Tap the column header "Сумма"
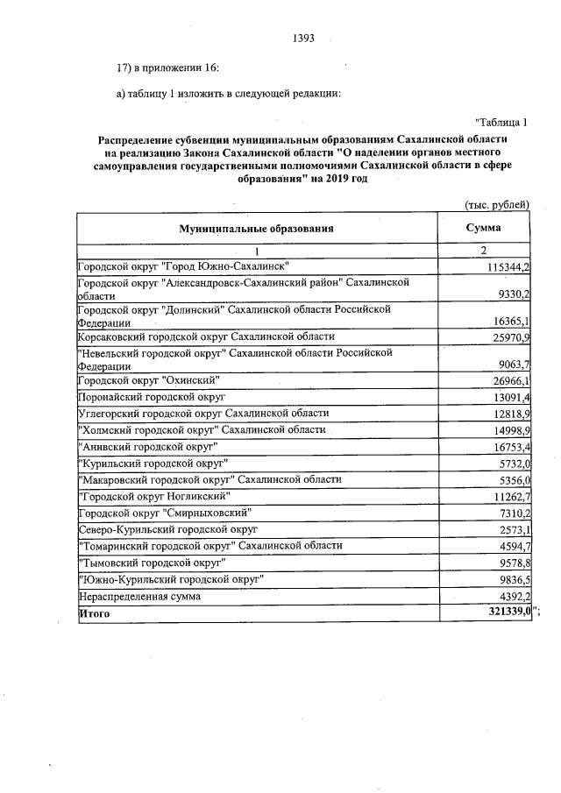tap(484, 228)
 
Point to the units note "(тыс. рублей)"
tap(496, 205)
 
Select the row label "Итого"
tap(95, 615)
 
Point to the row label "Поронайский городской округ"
tap(153, 396)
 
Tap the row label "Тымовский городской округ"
tap(151, 563)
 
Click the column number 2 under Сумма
tap(484, 251)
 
